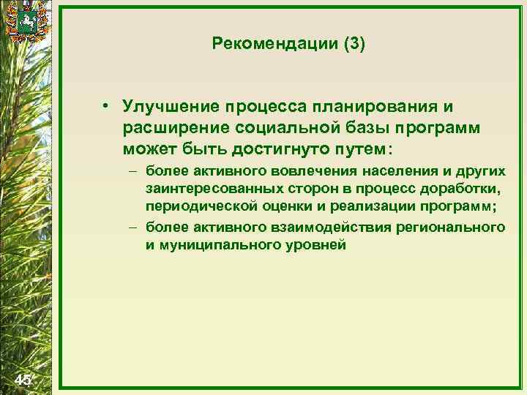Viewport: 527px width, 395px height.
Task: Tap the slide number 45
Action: (23, 379)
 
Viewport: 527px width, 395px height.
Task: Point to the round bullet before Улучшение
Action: (107, 108)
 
